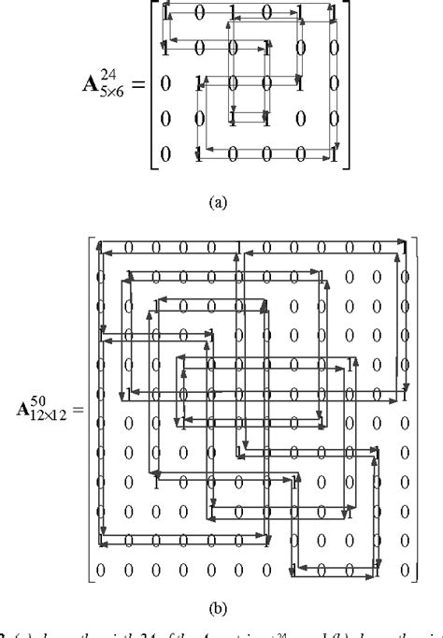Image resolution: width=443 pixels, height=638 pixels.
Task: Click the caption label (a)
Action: [217, 199]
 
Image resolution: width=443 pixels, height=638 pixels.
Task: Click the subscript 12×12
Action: [54, 421]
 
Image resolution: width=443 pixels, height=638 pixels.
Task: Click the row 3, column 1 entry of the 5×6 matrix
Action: [166, 83]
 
